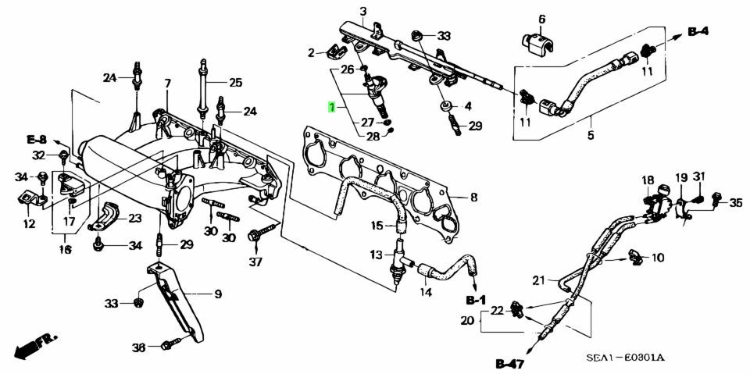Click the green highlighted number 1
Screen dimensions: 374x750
(x=332, y=107)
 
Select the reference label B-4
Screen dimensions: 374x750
(x=698, y=32)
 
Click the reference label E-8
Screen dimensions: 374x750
(x=36, y=140)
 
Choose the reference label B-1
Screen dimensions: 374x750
(x=475, y=301)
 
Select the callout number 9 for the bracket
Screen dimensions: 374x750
(x=218, y=294)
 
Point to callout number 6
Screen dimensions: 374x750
(x=541, y=19)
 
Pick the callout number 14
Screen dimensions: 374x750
(x=425, y=293)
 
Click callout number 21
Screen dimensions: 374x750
(x=537, y=280)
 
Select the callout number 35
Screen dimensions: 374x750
(x=735, y=204)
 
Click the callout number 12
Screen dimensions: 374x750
(x=29, y=224)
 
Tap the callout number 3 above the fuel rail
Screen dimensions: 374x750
(x=363, y=11)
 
